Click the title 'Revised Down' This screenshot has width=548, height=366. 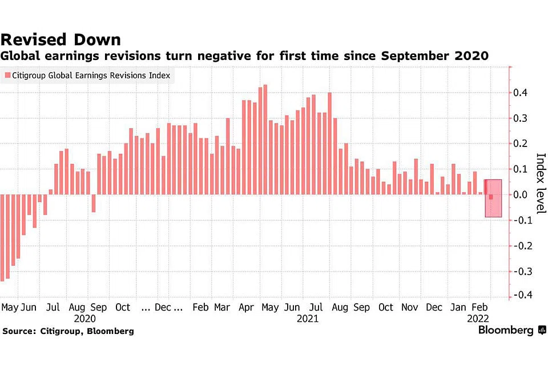[x=61, y=39]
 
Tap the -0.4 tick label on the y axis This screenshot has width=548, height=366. [x=522, y=295]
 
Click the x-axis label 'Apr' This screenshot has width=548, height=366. [x=246, y=307]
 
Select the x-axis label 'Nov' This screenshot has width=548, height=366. [x=410, y=307]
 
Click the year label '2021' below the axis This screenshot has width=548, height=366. [x=308, y=318]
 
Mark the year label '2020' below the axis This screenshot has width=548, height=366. [x=84, y=318]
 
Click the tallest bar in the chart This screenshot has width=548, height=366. [x=265, y=140]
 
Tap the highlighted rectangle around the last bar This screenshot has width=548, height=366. [x=494, y=198]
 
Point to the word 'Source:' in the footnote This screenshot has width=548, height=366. [x=21, y=331]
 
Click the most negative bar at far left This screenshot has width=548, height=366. [x=2, y=237]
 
